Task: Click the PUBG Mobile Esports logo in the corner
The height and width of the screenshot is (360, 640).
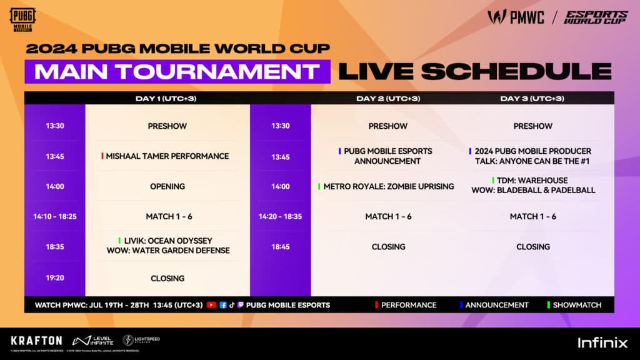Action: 22,19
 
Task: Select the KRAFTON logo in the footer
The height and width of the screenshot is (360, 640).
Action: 36,341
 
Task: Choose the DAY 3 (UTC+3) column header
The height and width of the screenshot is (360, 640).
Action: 532,98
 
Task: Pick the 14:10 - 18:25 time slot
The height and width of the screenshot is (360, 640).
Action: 54,216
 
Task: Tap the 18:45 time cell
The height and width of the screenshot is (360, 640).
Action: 281,247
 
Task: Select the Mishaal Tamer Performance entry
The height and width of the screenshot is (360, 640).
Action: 167,156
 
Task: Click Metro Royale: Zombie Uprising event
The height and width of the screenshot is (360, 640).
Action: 388,186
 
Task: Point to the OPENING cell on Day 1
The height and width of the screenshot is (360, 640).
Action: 167,186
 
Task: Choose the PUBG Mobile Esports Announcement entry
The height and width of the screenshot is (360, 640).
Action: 387,156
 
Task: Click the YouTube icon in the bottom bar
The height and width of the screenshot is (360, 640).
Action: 211,305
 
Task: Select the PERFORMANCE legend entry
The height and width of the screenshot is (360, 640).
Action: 408,305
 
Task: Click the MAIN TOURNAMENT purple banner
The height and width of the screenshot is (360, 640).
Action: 177,71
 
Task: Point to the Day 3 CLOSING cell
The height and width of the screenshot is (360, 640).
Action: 532,247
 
